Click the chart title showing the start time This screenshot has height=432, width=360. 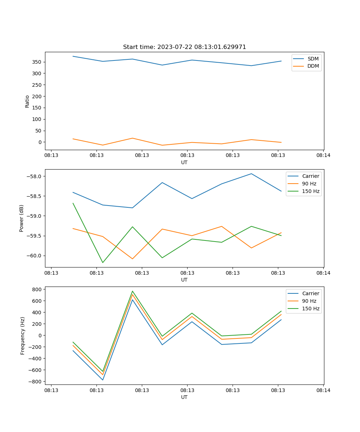(184, 47)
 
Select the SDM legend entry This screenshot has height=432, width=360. (313, 59)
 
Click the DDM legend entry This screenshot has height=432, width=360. (313, 66)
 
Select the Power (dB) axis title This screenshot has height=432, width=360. (22, 218)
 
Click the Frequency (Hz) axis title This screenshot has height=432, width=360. (23, 336)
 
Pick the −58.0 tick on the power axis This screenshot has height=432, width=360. (35, 176)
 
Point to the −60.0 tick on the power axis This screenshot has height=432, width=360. (35, 256)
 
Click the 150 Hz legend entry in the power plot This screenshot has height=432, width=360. (311, 191)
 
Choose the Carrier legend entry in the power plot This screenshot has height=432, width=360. (311, 176)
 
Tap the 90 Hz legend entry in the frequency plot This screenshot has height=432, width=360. (309, 301)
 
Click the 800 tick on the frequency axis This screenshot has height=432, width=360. (37, 289)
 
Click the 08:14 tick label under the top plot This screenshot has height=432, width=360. (323, 156)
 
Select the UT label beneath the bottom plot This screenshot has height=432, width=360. (184, 397)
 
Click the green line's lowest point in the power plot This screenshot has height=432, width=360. (103, 262)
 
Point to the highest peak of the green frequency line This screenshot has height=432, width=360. (132, 291)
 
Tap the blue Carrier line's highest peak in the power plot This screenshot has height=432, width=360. (251, 174)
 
